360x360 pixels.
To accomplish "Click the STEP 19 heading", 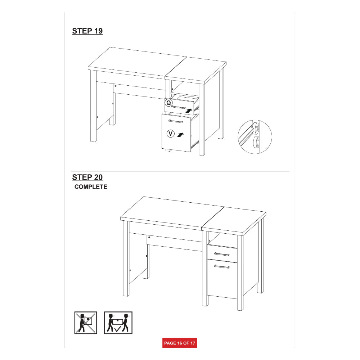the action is tap(87, 31).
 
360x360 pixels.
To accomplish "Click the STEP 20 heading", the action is tap(87, 177).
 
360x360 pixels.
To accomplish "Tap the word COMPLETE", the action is tap(91, 187).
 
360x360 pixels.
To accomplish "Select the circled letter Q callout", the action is tap(168, 103).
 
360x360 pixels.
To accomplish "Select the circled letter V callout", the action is tap(170, 134).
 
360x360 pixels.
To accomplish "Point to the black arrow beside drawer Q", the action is tap(189, 111).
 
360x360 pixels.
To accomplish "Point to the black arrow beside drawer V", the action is tap(181, 135).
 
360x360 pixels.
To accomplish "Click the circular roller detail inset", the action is tap(255, 137).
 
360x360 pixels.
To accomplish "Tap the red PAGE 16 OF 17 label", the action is tap(180, 343).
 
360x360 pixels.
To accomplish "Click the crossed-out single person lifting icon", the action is tap(86, 323).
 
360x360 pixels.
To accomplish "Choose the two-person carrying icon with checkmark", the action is tap(118, 323).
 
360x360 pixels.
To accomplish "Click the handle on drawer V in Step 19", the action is tap(176, 121).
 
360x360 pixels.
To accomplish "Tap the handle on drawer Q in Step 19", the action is tap(179, 107).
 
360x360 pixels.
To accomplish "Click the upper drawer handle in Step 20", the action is tap(221, 254).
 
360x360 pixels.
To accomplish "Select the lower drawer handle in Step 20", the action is tap(221, 266).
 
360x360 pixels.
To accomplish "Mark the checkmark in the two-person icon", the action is tap(118, 329).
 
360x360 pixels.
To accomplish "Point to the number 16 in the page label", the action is tap(180, 343).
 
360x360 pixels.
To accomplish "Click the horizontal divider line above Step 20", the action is tap(180, 171).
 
